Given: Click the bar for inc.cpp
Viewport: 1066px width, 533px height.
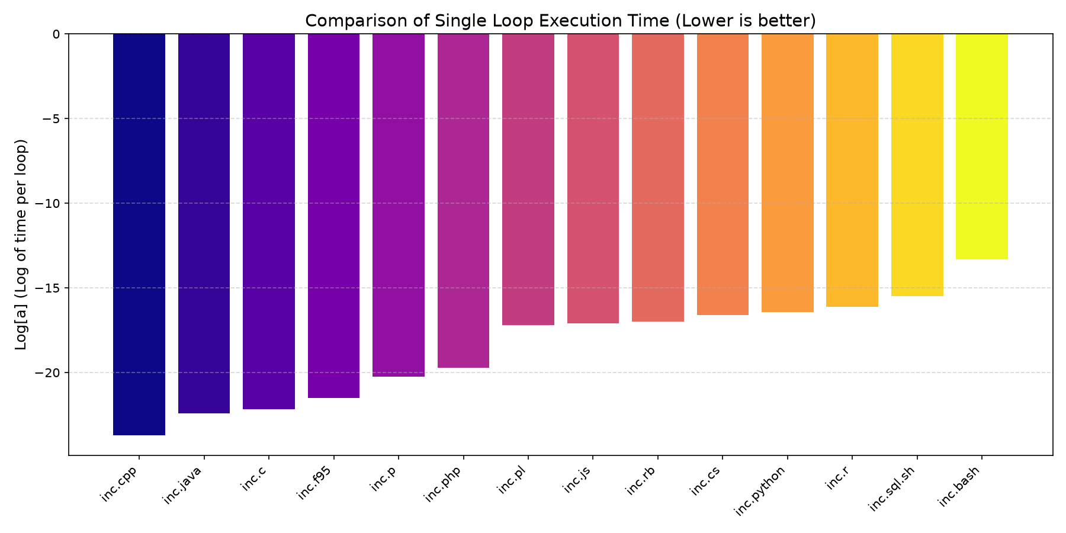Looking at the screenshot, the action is (x=139, y=235).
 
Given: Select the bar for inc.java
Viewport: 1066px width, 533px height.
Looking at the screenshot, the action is (x=204, y=223).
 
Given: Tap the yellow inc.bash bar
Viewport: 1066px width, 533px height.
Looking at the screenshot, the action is (x=982, y=146).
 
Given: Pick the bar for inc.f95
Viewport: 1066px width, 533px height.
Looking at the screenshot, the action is (x=333, y=216).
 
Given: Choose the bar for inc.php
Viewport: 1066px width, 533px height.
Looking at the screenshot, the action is (x=463, y=201).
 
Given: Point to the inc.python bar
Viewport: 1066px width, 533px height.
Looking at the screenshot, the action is (x=787, y=173).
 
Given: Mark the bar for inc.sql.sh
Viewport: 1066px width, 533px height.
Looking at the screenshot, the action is (x=917, y=165).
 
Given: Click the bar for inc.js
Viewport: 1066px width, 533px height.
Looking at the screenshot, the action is (x=593, y=178).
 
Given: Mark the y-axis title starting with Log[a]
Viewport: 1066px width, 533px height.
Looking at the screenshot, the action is (x=21, y=245).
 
